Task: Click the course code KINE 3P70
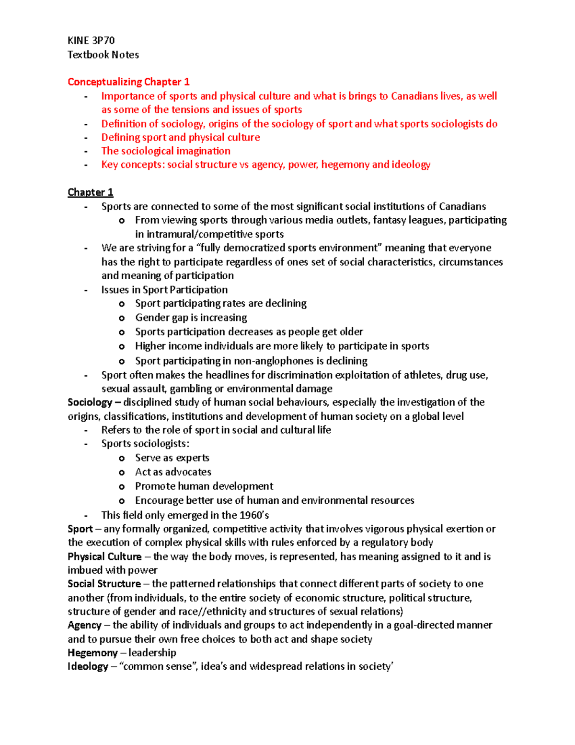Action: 91,40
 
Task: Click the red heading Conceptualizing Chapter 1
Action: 128,82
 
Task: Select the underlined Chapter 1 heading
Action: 90,192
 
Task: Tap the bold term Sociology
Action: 90,402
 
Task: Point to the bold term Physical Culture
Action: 104,556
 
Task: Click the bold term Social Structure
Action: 104,584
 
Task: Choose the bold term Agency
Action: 84,625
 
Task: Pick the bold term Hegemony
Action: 92,653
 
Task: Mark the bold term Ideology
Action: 88,666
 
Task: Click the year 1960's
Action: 253,515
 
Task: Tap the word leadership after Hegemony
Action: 152,653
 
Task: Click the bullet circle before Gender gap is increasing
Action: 122,318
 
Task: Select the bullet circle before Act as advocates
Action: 122,473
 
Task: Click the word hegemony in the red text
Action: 345,165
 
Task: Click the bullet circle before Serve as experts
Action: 122,458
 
